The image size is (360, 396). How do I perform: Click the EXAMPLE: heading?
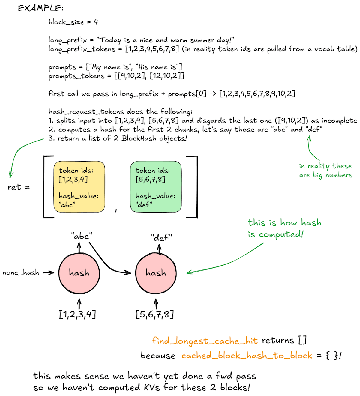[x=41, y=8]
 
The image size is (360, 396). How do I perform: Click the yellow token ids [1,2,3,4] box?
[x=79, y=187]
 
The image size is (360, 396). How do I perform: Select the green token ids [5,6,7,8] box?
[x=156, y=187]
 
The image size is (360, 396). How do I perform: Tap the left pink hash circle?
[x=79, y=273]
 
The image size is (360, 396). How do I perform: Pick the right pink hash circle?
[x=156, y=273]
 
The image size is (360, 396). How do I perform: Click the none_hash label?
[x=21, y=272]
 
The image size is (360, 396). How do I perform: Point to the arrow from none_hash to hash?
[x=48, y=273]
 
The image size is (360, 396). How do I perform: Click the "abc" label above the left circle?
[x=82, y=236]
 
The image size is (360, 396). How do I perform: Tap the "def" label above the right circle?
[x=161, y=238]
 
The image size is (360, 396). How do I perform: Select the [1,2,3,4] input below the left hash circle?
[x=77, y=314]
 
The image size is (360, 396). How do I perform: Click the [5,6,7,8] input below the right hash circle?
[x=154, y=314]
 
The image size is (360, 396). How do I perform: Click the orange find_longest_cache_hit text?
[x=205, y=341]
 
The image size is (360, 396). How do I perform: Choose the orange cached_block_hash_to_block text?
[x=247, y=356]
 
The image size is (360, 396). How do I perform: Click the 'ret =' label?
[x=19, y=187]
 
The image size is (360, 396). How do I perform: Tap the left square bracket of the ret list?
[x=45, y=186]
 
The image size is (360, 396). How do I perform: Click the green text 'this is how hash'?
[x=284, y=222]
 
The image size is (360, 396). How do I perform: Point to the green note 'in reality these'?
[x=325, y=166]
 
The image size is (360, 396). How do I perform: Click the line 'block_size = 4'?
[x=73, y=22]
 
